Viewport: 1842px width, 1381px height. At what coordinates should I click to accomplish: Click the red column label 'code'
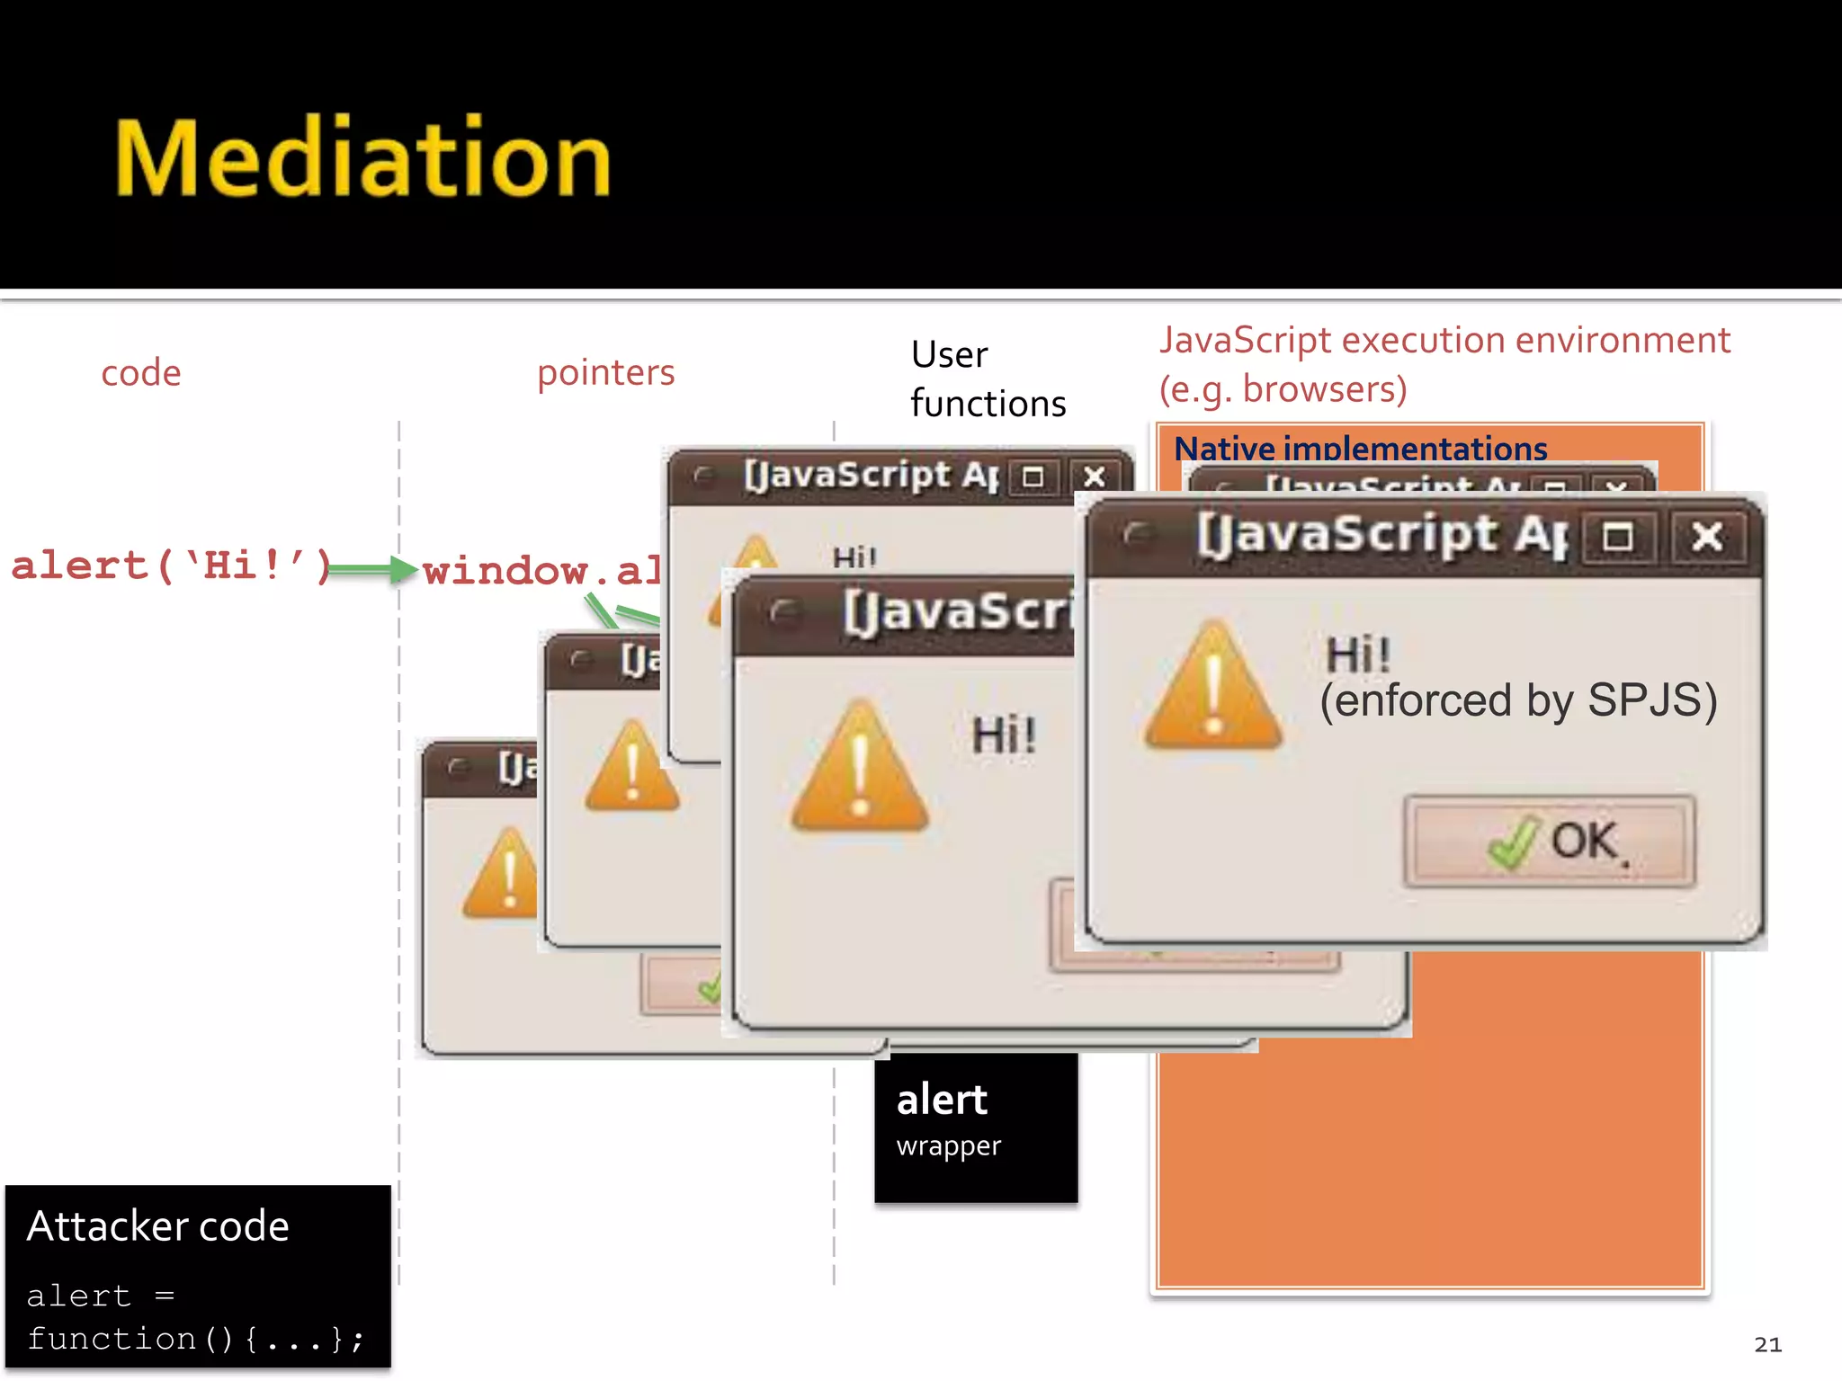(141, 372)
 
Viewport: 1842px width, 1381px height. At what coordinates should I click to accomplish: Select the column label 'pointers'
(605, 372)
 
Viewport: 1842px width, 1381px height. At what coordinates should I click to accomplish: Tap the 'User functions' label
(987, 379)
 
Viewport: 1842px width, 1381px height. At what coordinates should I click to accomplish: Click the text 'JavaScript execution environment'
(1444, 341)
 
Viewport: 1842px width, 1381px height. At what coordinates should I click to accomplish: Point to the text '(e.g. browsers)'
(1283, 389)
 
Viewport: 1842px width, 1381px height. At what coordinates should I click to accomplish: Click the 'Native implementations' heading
(1360, 447)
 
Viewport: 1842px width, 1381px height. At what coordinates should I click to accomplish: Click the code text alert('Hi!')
(171, 566)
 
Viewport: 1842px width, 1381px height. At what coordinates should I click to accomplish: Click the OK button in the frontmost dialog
(1550, 842)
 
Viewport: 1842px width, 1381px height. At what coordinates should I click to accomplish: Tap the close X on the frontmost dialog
(1706, 538)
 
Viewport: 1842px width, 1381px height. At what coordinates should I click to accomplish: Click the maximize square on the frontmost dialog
(1617, 538)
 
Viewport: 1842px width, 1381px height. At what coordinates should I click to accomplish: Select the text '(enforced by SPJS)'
(1518, 700)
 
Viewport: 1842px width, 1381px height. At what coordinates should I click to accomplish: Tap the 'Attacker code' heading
(158, 1226)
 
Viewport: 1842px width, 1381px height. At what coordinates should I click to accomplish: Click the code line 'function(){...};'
(195, 1339)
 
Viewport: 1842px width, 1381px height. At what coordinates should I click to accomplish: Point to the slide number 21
(1766, 1344)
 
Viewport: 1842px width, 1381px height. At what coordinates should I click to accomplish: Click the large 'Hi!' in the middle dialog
(1004, 735)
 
